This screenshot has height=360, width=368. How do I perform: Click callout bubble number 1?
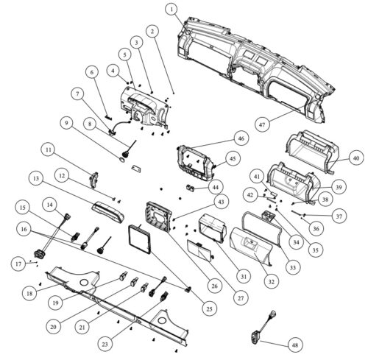(171, 10)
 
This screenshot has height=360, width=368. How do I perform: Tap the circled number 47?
(262, 124)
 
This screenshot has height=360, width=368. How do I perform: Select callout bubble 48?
(295, 345)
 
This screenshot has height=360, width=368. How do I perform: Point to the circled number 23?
(105, 345)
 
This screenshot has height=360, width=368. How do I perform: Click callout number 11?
(49, 149)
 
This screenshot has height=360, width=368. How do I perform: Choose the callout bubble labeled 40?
(356, 158)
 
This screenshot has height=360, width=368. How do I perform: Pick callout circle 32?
(271, 282)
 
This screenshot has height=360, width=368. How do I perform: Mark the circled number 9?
(66, 123)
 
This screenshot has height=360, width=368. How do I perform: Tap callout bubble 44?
(216, 187)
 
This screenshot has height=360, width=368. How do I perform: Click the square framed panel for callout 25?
(139, 239)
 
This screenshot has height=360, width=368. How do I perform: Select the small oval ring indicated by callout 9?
(122, 160)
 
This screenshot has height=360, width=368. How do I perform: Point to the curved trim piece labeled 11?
(93, 180)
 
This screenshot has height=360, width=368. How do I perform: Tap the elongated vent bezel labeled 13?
(108, 211)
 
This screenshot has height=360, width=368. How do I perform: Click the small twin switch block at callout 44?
(190, 188)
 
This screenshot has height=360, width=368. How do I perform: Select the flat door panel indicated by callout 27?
(199, 250)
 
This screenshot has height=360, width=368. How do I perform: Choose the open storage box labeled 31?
(212, 227)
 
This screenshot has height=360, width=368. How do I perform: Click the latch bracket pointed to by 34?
(269, 216)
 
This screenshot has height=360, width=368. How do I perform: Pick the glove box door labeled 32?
(251, 247)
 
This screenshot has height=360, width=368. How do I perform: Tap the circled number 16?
(24, 229)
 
